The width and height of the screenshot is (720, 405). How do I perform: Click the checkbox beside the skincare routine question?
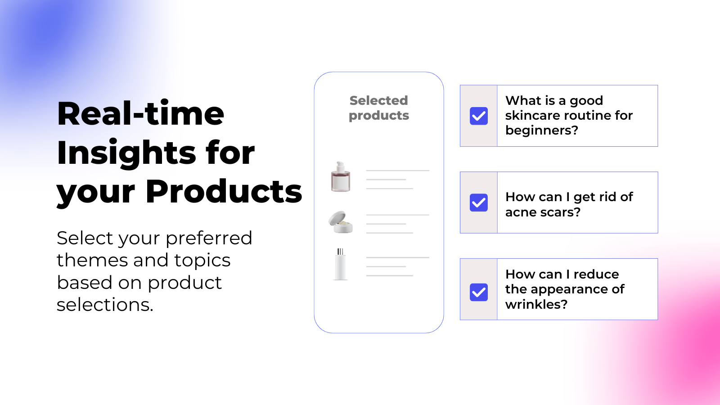(x=479, y=116)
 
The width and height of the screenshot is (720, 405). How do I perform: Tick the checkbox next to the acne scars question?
(x=479, y=202)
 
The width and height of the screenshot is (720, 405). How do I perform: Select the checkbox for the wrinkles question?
(x=479, y=292)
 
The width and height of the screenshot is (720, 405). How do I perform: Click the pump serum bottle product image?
(x=341, y=176)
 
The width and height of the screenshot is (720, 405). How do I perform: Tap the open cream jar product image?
(x=341, y=222)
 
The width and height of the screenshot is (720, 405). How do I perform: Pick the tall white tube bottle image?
(x=340, y=264)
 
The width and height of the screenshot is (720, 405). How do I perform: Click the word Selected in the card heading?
(x=378, y=100)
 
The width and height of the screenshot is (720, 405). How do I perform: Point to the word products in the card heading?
(x=378, y=116)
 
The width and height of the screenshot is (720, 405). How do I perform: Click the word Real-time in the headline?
(x=140, y=113)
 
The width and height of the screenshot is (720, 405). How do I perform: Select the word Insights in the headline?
(x=126, y=153)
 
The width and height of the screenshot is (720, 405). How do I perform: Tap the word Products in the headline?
(x=224, y=191)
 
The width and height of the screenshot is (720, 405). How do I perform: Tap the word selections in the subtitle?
(x=105, y=304)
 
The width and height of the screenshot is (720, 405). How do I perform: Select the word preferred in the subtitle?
(x=209, y=238)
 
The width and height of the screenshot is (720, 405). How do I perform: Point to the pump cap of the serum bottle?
(x=340, y=166)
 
